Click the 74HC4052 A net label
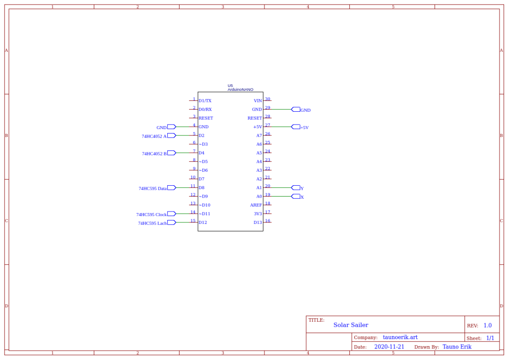[154, 136]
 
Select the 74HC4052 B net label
[154, 153]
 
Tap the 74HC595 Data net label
[153, 188]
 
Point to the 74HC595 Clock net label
[151, 215]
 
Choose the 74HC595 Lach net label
[152, 223]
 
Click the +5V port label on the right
[304, 128]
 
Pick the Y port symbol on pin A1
[296, 188]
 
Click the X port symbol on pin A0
[296, 197]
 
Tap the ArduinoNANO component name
[240, 90]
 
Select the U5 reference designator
[230, 85]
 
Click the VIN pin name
[257, 101]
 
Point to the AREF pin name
[256, 205]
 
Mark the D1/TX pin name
[205, 101]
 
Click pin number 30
[267, 99]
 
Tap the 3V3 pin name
[257, 214]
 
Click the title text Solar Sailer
[351, 325]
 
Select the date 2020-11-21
[389, 347]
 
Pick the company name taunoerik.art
[400, 337]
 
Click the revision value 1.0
[487, 326]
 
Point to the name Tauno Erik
[457, 347]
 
